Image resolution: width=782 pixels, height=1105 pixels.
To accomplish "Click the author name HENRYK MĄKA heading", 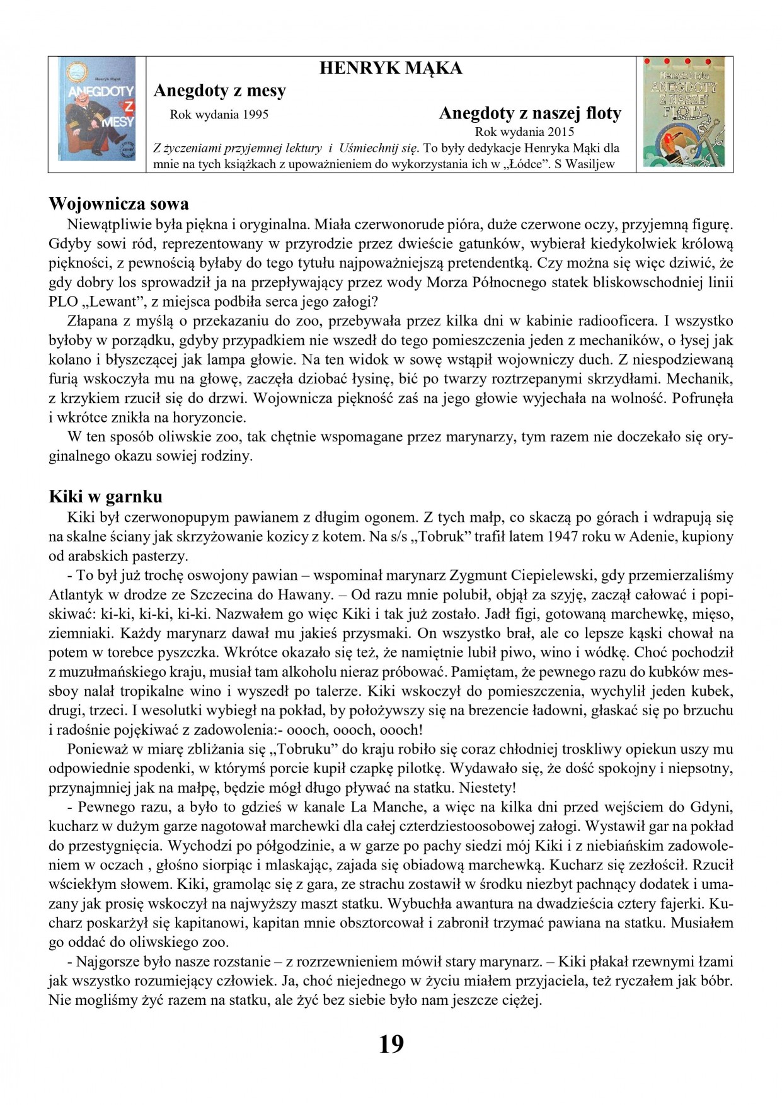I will (391, 68).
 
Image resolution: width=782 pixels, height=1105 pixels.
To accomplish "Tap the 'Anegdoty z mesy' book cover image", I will (97, 108).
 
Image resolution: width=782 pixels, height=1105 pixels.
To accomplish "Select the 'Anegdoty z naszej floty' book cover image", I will (684, 112).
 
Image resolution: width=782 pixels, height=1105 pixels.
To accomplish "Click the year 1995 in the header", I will (255, 115).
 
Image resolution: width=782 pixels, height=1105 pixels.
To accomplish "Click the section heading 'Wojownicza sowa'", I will (118, 204).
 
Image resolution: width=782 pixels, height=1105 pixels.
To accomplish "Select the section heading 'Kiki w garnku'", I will (105, 497).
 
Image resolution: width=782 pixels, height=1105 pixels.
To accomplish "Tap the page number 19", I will (391, 1044).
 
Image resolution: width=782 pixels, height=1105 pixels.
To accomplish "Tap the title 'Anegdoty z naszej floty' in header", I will (530, 113).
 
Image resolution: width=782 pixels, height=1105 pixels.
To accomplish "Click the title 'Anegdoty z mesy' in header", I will (219, 91).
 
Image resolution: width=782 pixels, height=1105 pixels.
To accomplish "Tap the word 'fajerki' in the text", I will (678, 904).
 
